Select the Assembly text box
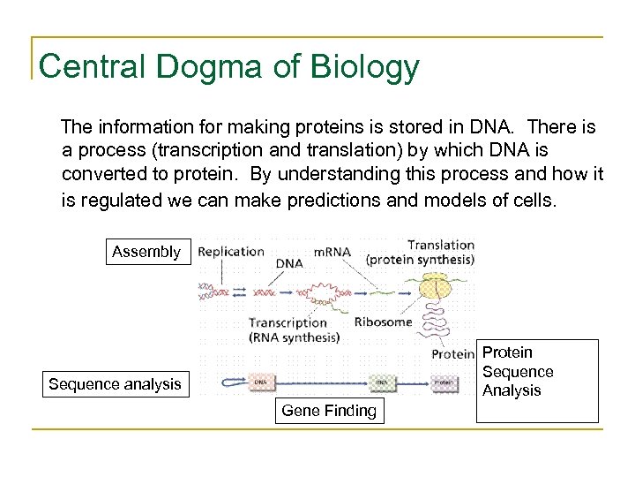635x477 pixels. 146,252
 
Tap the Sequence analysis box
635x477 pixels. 116,383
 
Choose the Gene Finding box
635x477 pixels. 328,410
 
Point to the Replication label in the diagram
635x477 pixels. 231,251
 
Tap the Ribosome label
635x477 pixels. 383,322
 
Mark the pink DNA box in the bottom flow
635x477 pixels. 264,382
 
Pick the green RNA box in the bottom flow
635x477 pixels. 379,382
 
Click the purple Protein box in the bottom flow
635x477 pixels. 444,382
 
